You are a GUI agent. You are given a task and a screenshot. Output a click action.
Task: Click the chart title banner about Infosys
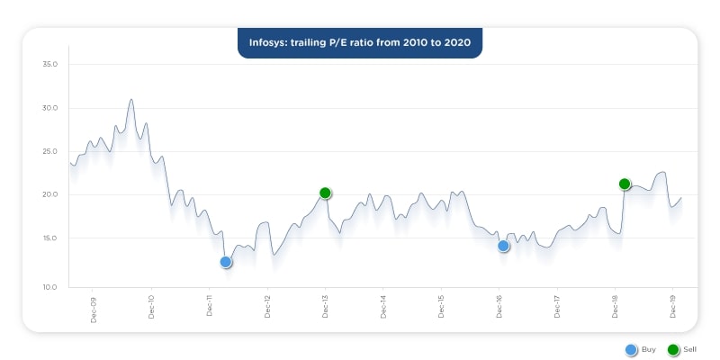click(360, 42)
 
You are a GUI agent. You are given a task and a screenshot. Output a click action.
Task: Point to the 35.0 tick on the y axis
click(49, 64)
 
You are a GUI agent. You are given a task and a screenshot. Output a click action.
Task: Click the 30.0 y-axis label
click(49, 108)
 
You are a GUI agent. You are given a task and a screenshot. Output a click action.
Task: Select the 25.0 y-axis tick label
click(49, 151)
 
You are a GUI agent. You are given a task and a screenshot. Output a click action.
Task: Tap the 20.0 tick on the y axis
click(49, 194)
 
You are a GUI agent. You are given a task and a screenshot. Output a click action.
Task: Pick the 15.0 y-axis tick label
click(49, 238)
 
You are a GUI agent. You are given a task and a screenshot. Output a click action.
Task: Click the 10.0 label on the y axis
click(49, 286)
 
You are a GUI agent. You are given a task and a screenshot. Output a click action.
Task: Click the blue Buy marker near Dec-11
click(226, 262)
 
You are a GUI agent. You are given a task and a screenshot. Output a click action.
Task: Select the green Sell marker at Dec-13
click(326, 193)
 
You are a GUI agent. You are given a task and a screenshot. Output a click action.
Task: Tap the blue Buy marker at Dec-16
click(504, 246)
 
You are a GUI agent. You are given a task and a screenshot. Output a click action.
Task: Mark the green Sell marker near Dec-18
click(625, 184)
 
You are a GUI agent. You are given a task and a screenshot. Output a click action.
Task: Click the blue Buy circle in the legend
click(631, 349)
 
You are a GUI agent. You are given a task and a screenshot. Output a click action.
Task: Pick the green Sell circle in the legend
click(673, 349)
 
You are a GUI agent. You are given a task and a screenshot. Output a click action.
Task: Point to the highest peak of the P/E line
click(131, 99)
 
